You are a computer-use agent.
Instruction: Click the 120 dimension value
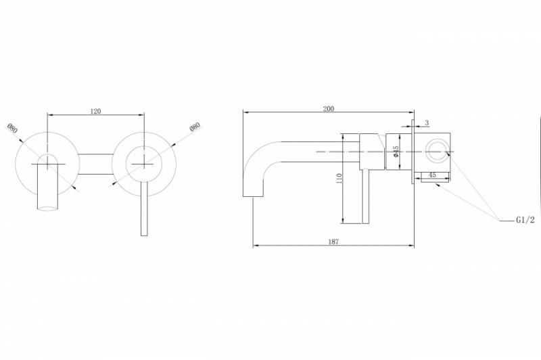[95, 111]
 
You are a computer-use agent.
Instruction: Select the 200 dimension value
[329, 109]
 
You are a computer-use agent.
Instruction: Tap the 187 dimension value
[333, 242]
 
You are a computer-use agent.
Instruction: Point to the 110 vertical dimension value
[339, 179]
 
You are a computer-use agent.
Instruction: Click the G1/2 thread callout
[525, 220]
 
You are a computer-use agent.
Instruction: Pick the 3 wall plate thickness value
[427, 123]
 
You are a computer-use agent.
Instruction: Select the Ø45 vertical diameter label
[396, 152]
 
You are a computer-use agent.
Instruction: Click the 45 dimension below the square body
[432, 175]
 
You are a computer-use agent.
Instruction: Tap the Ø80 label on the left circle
[12, 129]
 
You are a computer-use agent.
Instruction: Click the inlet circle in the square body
[437, 151]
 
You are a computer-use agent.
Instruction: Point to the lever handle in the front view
[144, 208]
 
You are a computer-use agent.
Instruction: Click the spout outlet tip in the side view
[253, 197]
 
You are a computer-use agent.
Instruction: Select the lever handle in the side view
[366, 197]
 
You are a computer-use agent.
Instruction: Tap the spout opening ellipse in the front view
[47, 208]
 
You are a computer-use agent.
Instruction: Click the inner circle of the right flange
[144, 164]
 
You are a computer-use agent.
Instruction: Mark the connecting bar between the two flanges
[95, 164]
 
